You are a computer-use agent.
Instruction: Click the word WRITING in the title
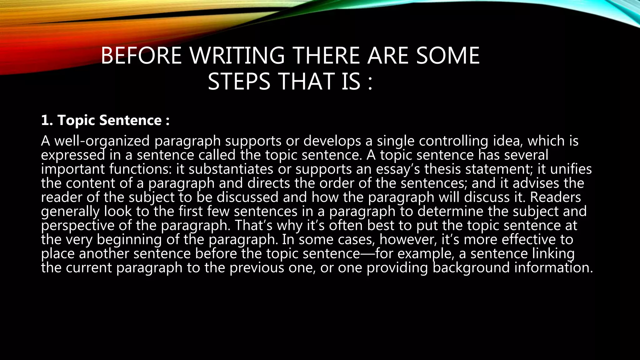click(x=237, y=56)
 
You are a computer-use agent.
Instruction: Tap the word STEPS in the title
click(x=239, y=82)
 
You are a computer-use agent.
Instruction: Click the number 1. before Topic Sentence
click(x=47, y=120)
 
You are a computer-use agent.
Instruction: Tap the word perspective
click(x=78, y=226)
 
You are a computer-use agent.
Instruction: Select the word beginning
click(x=129, y=240)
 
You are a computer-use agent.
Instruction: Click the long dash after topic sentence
click(x=367, y=254)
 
